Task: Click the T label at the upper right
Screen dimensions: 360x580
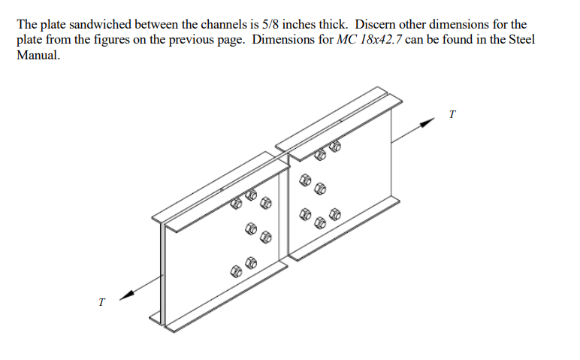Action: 452,114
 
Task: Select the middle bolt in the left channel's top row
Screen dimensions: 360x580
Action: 250,198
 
